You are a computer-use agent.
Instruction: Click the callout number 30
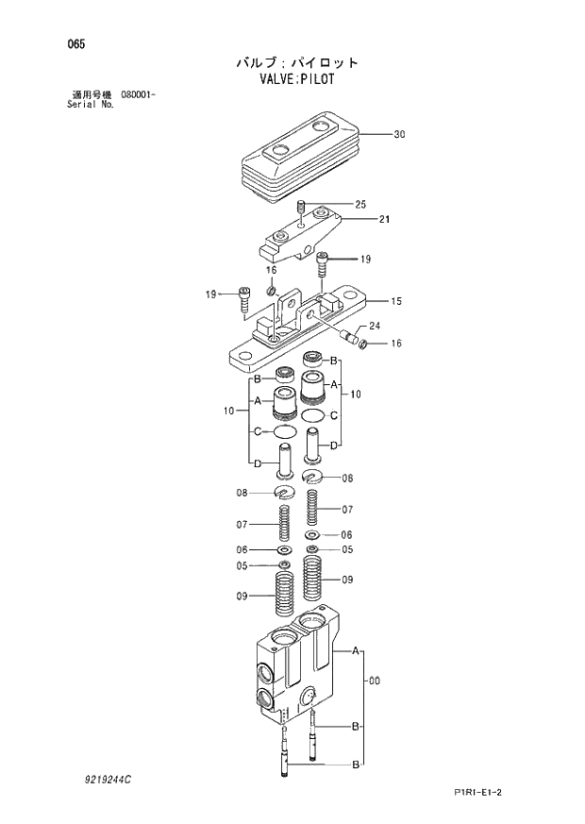point(399,135)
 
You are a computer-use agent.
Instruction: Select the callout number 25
point(359,205)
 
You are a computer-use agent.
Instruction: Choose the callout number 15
point(396,302)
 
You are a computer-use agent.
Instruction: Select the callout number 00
point(375,681)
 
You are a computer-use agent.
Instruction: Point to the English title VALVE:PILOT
point(296,80)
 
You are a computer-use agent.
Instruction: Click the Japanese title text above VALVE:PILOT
point(297,62)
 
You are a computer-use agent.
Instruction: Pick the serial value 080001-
point(138,95)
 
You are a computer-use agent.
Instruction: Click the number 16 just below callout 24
point(396,344)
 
